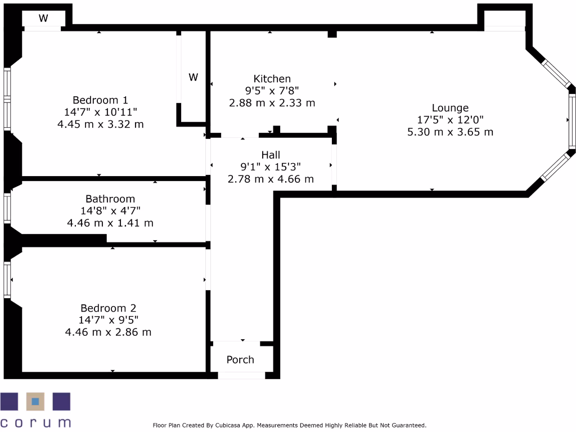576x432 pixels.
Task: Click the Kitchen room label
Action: (272, 79)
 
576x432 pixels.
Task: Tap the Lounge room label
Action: (450, 108)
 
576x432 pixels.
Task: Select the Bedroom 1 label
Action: (101, 100)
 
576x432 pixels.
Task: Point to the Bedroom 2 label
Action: (108, 308)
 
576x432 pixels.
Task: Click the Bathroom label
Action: (110, 199)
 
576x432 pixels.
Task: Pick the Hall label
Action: (271, 155)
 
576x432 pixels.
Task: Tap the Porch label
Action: (240, 360)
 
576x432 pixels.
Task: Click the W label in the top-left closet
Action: (43, 18)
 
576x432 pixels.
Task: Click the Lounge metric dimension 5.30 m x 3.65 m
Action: (450, 132)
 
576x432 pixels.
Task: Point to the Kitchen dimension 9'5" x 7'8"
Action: (272, 91)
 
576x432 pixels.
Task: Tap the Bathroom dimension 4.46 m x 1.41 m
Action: (110, 223)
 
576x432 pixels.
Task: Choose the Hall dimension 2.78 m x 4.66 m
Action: (271, 179)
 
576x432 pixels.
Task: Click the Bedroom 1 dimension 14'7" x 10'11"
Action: (101, 112)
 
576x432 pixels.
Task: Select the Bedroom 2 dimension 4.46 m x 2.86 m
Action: (108, 332)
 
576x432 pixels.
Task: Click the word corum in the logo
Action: (35, 422)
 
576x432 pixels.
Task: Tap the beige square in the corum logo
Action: (35, 402)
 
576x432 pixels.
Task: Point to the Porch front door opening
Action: (241, 375)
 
